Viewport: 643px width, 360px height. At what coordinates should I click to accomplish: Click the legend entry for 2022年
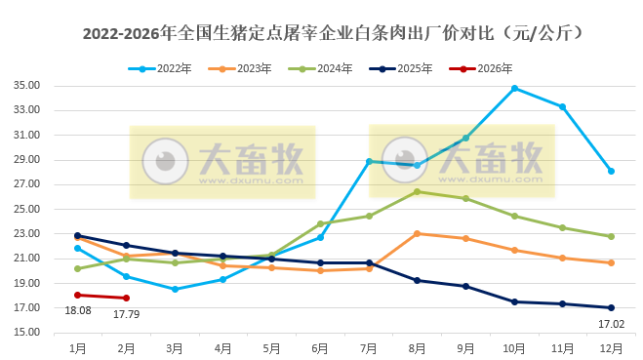(x=160, y=68)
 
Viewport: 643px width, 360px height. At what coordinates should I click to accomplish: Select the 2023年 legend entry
(x=245, y=68)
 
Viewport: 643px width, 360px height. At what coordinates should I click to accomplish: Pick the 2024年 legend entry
(x=328, y=68)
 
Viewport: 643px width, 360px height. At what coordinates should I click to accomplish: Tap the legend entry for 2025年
(x=411, y=68)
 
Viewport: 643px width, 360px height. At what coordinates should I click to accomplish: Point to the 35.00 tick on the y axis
(x=31, y=86)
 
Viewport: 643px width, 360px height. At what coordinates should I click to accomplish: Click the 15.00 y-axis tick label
(x=31, y=333)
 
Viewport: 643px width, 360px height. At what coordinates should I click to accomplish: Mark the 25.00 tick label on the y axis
(x=31, y=209)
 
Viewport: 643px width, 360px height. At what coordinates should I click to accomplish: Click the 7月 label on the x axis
(x=369, y=347)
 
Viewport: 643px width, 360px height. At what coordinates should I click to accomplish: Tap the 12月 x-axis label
(x=611, y=347)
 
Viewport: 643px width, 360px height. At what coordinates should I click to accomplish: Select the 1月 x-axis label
(x=78, y=347)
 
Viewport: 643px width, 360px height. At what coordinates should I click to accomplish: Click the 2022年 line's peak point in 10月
(x=514, y=88)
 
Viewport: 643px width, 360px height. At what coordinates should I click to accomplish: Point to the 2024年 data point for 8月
(x=418, y=191)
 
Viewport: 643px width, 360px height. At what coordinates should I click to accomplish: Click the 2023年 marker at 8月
(x=418, y=233)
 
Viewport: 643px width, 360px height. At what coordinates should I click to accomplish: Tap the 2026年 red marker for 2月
(x=127, y=298)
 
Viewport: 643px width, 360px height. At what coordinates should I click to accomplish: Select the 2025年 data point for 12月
(x=611, y=307)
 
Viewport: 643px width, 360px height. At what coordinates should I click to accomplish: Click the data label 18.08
(x=78, y=310)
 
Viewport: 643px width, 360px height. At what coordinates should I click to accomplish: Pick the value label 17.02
(x=611, y=322)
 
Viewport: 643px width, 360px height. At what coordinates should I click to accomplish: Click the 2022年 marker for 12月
(x=611, y=171)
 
